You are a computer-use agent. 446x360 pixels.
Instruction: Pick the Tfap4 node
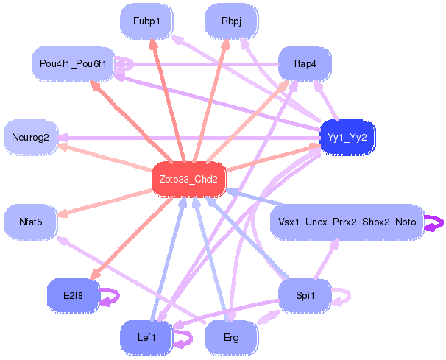(303, 64)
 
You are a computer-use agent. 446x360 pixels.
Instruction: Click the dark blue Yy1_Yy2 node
(347, 138)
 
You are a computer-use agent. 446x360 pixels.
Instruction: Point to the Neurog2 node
(30, 137)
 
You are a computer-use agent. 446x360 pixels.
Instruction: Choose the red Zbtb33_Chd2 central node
(188, 179)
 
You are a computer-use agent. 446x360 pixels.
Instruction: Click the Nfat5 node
(30, 220)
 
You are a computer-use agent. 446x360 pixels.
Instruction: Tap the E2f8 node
(72, 294)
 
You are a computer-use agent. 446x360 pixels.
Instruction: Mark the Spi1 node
(305, 295)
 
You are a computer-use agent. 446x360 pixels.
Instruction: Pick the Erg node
(230, 337)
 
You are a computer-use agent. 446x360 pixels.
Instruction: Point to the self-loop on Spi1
(341, 295)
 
